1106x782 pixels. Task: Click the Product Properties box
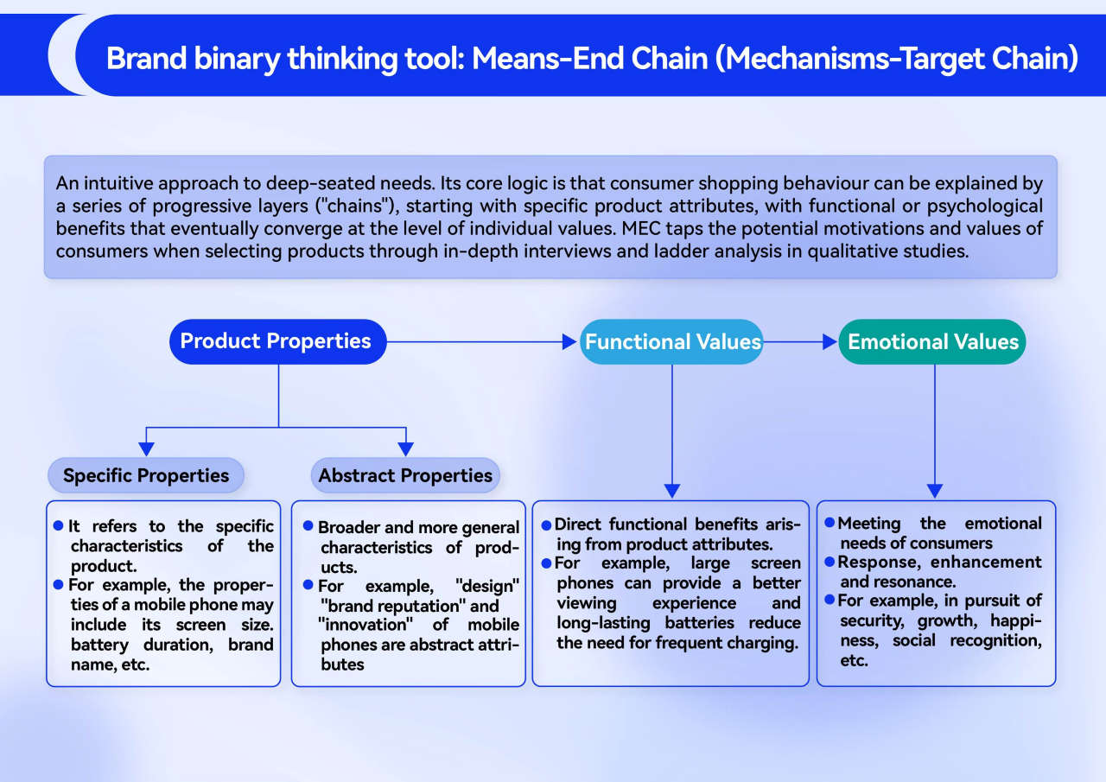277,341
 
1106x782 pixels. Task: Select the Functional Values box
672,341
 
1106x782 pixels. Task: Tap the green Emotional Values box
932,341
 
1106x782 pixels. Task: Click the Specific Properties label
146,475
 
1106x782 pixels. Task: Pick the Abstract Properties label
405,475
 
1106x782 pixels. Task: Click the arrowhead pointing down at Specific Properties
147,448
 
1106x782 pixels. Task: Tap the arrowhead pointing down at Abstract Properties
405,448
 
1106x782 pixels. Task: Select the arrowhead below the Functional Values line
672,491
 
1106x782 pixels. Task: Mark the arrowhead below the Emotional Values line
934,491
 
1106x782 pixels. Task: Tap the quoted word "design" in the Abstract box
486,586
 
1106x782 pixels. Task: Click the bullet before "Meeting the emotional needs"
829,523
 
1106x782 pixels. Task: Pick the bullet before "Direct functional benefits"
546,525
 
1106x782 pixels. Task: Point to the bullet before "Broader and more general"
308,526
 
